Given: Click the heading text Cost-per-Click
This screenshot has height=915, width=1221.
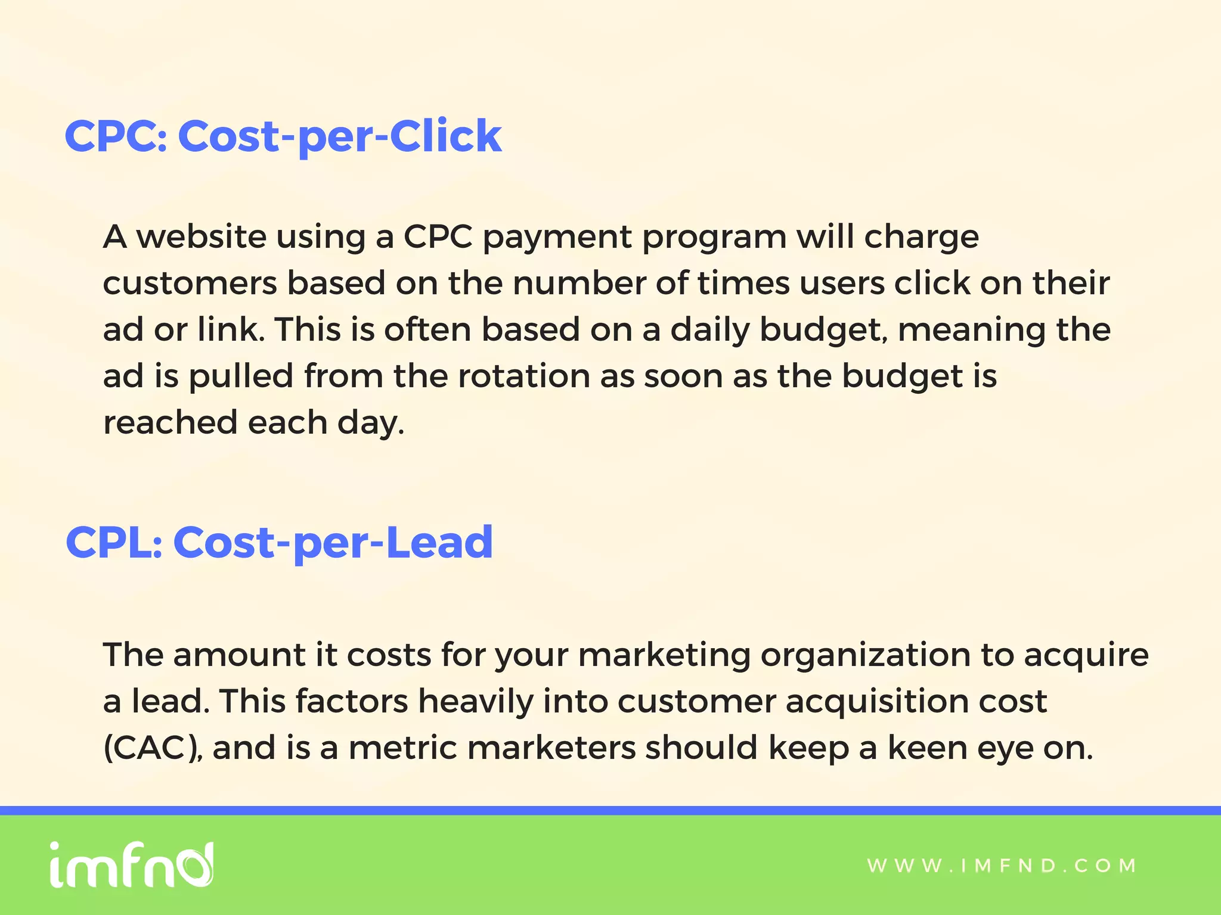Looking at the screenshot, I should click(340, 136).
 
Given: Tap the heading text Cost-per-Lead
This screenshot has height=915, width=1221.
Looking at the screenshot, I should click(333, 543).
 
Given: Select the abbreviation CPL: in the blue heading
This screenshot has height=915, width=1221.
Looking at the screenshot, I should click(114, 543).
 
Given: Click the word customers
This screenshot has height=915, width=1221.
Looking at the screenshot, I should click(190, 284).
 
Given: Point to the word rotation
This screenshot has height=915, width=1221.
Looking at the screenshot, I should click(523, 376).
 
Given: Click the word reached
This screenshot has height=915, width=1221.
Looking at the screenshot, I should click(170, 423).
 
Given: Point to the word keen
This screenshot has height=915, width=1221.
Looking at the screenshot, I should click(927, 748).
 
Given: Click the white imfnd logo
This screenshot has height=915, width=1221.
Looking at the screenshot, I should click(131, 864).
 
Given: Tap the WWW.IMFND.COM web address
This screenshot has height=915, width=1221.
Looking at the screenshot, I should click(1002, 866).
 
